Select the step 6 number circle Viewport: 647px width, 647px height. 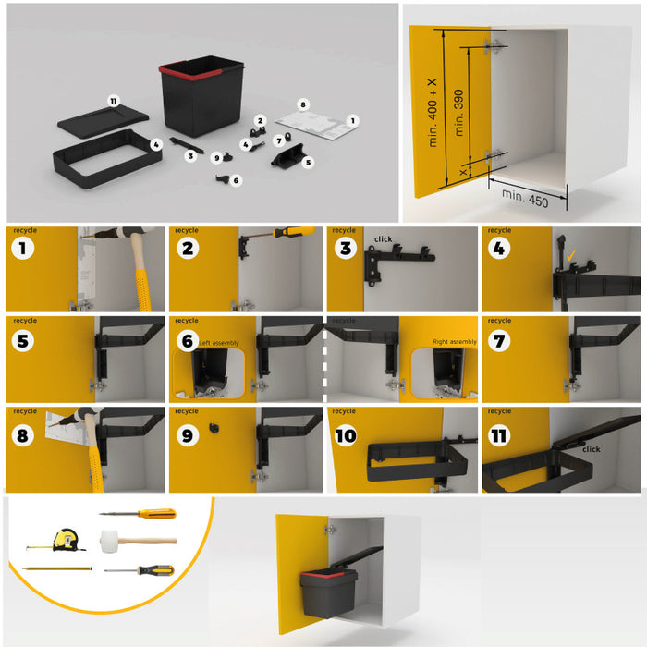(x=183, y=339)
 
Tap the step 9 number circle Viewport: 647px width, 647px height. (x=183, y=432)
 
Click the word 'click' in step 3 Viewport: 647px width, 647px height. (x=384, y=239)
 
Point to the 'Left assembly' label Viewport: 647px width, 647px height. (x=218, y=342)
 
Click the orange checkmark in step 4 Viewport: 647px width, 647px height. (x=571, y=254)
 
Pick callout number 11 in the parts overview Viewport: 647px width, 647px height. (x=113, y=100)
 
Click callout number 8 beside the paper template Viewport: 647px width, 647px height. (x=302, y=104)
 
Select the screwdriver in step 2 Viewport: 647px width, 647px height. (x=285, y=234)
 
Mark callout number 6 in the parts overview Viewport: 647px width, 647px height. (x=237, y=180)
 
